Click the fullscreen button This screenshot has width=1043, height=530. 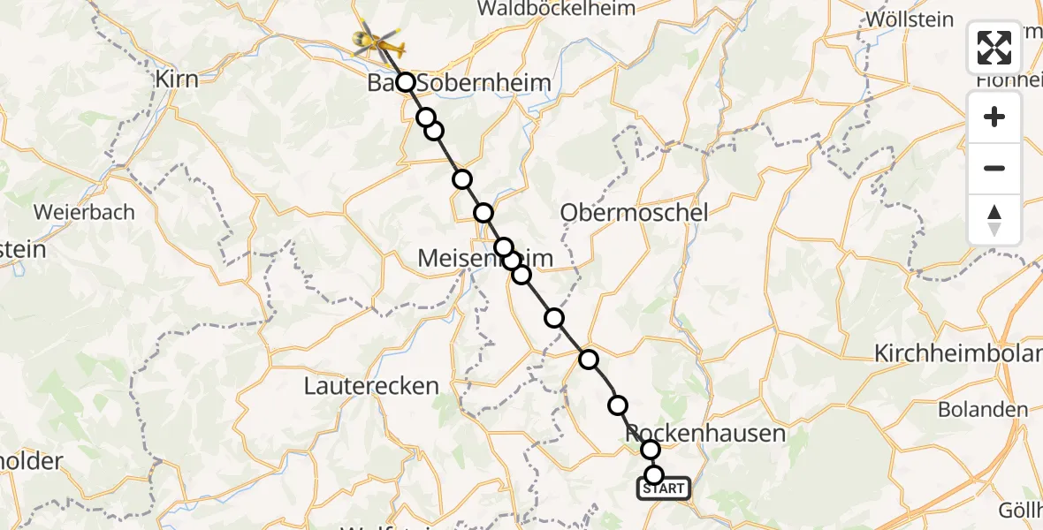click(994, 48)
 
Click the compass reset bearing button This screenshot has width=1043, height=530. click(994, 220)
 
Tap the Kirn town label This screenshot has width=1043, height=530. click(176, 79)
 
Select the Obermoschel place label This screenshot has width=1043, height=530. click(635, 213)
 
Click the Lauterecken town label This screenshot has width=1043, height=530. click(371, 386)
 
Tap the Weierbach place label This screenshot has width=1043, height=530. click(84, 212)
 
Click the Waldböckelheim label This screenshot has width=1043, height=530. click(556, 9)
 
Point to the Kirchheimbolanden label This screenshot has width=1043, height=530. click(957, 354)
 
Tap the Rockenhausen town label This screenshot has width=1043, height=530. click(705, 433)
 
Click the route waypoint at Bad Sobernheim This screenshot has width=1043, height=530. click(406, 82)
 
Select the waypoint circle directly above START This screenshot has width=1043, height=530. click(653, 475)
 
